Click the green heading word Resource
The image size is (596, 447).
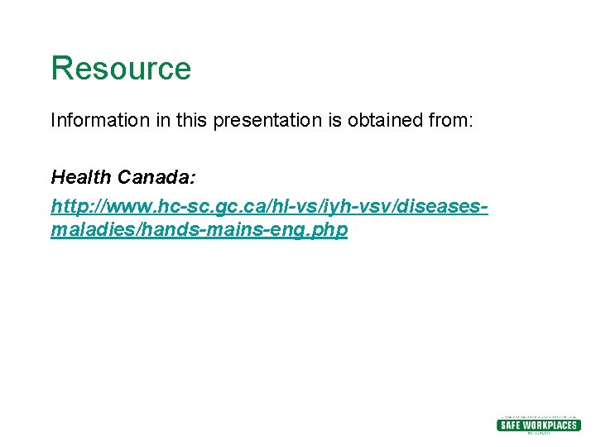coord(121,69)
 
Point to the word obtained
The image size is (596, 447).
coord(382,121)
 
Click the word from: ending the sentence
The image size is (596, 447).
coord(450,121)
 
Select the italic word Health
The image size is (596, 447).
coord(81,177)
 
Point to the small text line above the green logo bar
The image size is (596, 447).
coord(538,416)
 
